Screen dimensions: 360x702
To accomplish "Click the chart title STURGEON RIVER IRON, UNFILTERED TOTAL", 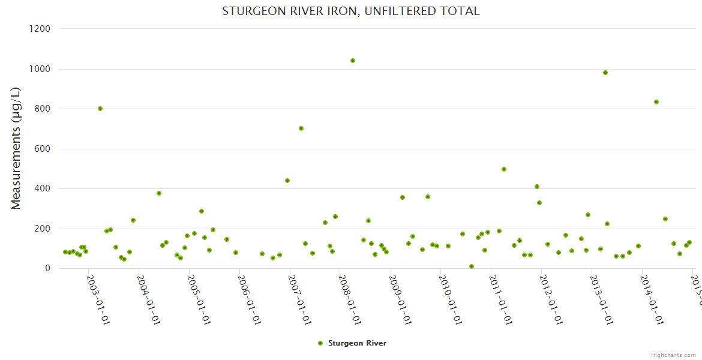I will click(350, 11).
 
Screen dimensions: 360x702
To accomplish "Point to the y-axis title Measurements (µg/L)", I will click(16, 148).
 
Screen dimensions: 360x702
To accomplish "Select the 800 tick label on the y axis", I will click(41, 109).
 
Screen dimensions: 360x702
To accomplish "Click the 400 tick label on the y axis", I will click(41, 188).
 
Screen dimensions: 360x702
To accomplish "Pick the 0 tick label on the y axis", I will click(47, 268).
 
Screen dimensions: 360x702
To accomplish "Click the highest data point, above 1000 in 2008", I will click(353, 61).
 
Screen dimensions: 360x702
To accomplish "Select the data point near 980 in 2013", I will click(605, 73).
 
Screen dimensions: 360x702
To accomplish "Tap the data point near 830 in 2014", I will click(656, 102).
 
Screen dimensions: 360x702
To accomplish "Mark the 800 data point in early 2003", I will click(100, 109).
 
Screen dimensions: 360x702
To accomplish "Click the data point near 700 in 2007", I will click(301, 128).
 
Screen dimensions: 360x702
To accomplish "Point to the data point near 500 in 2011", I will click(504, 169).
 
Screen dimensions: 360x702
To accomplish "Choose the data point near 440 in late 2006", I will click(287, 181).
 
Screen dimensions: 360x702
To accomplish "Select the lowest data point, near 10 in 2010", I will click(472, 266).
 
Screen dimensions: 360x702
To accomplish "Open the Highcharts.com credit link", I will click(674, 355).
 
